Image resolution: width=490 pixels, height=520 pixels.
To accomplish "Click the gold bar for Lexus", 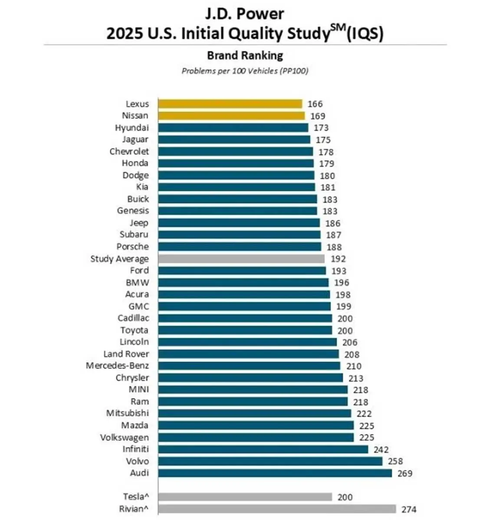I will click(230, 104).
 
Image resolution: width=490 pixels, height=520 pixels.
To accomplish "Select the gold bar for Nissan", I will click(231, 116).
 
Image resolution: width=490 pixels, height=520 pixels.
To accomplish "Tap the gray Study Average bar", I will click(241, 259).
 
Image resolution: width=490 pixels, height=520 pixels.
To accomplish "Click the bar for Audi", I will click(275, 473).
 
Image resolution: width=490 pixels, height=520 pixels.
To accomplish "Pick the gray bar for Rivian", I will click(277, 509).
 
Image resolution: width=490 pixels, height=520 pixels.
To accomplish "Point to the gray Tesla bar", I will click(245, 497).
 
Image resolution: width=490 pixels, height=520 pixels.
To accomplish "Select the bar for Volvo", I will click(270, 461).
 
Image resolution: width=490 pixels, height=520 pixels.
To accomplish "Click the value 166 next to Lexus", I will click(315, 104).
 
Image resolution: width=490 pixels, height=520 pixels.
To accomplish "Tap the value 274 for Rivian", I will click(409, 510).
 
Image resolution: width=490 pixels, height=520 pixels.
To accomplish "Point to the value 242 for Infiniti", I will click(381, 450).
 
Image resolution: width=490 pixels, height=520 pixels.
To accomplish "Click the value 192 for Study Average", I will click(338, 259).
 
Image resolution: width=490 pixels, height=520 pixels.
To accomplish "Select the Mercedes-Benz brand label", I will click(117, 365).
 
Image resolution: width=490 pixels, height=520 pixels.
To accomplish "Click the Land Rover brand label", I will click(126, 354).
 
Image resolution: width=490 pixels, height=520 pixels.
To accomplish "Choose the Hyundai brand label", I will click(132, 128).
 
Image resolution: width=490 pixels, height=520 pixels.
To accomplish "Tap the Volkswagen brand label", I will click(124, 437).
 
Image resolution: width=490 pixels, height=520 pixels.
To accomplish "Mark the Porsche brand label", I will click(132, 247).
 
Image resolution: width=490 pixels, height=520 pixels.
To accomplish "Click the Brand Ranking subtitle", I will click(245, 55).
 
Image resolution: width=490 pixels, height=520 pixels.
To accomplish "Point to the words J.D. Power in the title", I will click(245, 14).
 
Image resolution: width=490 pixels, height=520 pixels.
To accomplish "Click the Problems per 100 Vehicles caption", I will click(245, 71).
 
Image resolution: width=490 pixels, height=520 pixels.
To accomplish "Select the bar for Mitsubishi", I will click(254, 413).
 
